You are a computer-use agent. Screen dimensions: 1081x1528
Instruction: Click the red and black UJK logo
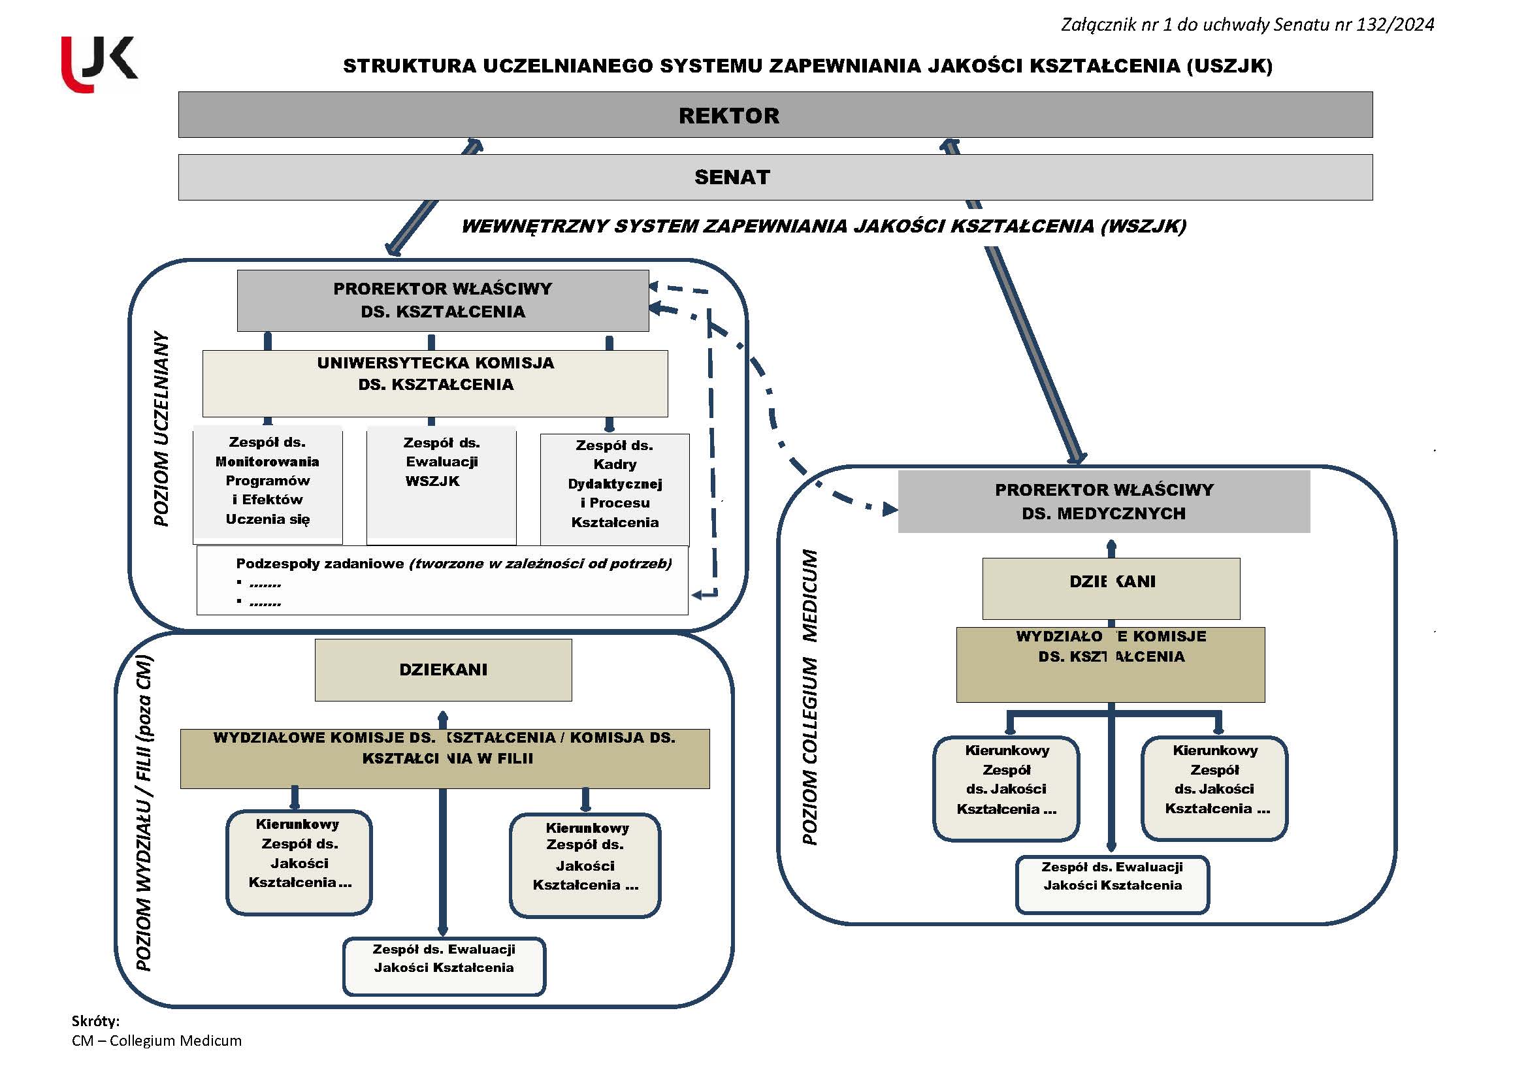(99, 64)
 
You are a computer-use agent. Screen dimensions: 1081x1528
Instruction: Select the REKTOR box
(775, 114)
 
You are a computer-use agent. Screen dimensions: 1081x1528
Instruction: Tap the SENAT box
(775, 177)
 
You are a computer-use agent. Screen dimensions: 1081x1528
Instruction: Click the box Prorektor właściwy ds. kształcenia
(443, 300)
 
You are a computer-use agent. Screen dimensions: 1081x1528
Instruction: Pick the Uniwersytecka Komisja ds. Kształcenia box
(436, 383)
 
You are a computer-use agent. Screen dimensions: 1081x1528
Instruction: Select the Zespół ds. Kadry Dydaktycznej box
(615, 489)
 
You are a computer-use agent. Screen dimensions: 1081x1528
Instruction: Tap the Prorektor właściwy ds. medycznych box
(1103, 501)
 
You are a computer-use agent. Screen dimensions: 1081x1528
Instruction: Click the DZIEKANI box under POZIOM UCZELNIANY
(443, 670)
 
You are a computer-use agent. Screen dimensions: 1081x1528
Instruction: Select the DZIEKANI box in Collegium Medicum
(1111, 588)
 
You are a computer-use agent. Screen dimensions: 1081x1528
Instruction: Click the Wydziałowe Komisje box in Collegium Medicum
(1111, 664)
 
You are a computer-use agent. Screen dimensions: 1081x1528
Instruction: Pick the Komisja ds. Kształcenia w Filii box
(445, 758)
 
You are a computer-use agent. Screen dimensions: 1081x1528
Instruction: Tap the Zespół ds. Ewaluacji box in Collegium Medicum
(1112, 884)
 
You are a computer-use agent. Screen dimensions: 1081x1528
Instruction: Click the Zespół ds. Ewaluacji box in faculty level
(444, 966)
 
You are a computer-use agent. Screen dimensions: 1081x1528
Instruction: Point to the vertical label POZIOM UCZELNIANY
(161, 428)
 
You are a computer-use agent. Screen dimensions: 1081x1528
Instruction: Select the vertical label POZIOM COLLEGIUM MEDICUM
(809, 696)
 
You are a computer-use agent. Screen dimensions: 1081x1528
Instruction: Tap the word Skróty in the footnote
(95, 1021)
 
